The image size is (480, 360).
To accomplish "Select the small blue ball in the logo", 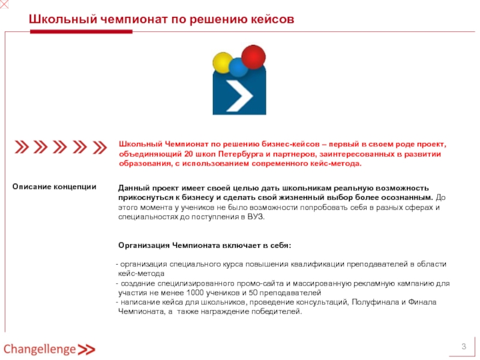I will pyautogui.click(x=238, y=68).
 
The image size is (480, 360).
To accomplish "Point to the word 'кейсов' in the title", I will pyautogui.click(x=274, y=20).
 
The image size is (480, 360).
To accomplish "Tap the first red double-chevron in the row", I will pyautogui.click(x=22, y=147).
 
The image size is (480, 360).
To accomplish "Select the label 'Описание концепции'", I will pyautogui.click(x=55, y=187).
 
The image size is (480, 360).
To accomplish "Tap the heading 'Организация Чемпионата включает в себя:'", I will pyautogui.click(x=205, y=245).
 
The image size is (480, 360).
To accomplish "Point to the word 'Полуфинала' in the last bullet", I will pyautogui.click(x=374, y=302).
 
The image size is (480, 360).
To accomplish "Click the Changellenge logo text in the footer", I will pyautogui.click(x=40, y=349).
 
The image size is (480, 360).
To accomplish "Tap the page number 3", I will pyautogui.click(x=463, y=347).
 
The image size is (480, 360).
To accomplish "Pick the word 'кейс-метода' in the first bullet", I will pyautogui.click(x=139, y=274).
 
